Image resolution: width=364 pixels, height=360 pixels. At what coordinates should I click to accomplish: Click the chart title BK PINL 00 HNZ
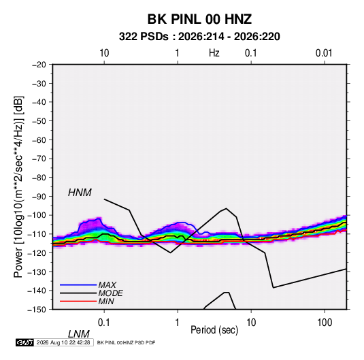[x=199, y=19]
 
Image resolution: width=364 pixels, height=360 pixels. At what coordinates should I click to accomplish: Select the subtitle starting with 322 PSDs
[x=199, y=37]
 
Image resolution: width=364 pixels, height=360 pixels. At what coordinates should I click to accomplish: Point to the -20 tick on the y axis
[x=39, y=65]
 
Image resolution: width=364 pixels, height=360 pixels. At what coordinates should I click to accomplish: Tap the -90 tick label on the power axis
[x=39, y=197]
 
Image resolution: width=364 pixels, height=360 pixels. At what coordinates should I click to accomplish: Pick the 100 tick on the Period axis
[x=325, y=323]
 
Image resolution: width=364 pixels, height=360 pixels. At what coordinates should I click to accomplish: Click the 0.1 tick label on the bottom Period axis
[x=104, y=323]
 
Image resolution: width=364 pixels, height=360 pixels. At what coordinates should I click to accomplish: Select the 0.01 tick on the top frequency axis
[x=324, y=53]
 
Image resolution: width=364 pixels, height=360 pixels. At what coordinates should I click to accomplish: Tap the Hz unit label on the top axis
[x=214, y=53]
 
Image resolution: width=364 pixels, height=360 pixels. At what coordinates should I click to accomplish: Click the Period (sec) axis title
[x=214, y=330]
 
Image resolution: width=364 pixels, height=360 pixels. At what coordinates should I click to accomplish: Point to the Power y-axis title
[x=18, y=186]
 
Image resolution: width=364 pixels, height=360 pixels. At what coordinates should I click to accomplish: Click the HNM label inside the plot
[x=80, y=193]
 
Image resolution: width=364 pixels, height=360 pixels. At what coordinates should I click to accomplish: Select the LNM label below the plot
[x=79, y=334]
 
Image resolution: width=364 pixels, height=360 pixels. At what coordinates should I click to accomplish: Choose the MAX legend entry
[x=107, y=284]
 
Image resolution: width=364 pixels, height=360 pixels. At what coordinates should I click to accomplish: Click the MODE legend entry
[x=110, y=293]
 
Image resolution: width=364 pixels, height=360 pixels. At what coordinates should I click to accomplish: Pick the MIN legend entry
[x=106, y=301]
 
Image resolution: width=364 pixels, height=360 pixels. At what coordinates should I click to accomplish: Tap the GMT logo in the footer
[x=25, y=342]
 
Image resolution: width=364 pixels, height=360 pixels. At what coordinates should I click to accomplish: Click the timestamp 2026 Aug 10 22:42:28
[x=63, y=342]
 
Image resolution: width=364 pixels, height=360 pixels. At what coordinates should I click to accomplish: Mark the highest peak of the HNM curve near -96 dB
[x=227, y=208]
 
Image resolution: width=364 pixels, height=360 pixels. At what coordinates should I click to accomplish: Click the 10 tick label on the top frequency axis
[x=104, y=53]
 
